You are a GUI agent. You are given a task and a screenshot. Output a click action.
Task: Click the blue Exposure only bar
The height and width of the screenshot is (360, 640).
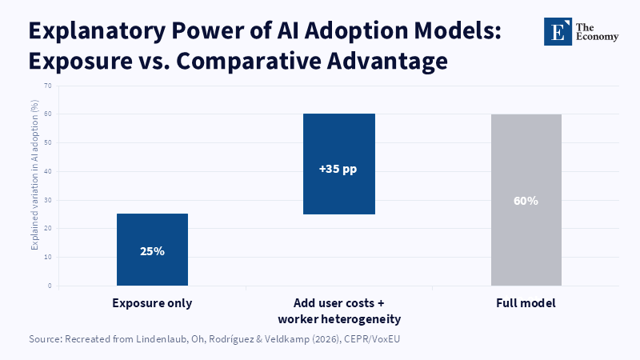click(152, 250)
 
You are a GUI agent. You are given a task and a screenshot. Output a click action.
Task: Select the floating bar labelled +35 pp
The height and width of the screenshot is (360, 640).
click(338, 164)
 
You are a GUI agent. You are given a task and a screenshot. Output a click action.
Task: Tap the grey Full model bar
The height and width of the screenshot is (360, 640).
click(526, 199)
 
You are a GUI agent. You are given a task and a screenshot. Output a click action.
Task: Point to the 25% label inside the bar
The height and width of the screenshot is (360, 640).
click(152, 251)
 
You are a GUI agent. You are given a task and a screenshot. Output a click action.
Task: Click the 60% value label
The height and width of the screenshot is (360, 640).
click(526, 201)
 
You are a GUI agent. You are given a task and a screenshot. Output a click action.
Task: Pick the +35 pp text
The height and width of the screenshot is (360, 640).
click(338, 169)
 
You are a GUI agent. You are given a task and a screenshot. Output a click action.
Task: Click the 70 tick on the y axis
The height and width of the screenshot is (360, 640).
click(48, 86)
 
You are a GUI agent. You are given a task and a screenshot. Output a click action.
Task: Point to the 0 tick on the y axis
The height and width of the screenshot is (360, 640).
click(50, 286)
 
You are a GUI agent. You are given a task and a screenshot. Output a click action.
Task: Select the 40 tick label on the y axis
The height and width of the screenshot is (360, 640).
click(48, 171)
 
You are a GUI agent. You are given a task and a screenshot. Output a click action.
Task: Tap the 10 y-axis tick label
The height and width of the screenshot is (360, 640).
click(48, 257)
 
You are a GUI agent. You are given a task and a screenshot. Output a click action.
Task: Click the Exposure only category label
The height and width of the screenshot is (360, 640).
click(152, 303)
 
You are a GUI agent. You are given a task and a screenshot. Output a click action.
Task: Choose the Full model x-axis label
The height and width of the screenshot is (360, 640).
click(526, 303)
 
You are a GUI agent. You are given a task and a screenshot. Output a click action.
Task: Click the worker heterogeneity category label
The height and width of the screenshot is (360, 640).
click(339, 318)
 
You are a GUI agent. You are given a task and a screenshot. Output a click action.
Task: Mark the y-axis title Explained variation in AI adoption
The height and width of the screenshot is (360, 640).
click(34, 174)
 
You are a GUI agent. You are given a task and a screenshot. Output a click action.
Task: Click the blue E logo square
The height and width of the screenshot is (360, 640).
click(558, 31)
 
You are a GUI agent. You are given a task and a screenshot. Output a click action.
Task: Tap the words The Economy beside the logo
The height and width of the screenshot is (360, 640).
click(597, 32)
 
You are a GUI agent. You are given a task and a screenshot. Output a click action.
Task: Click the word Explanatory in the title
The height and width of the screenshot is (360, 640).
click(97, 32)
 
